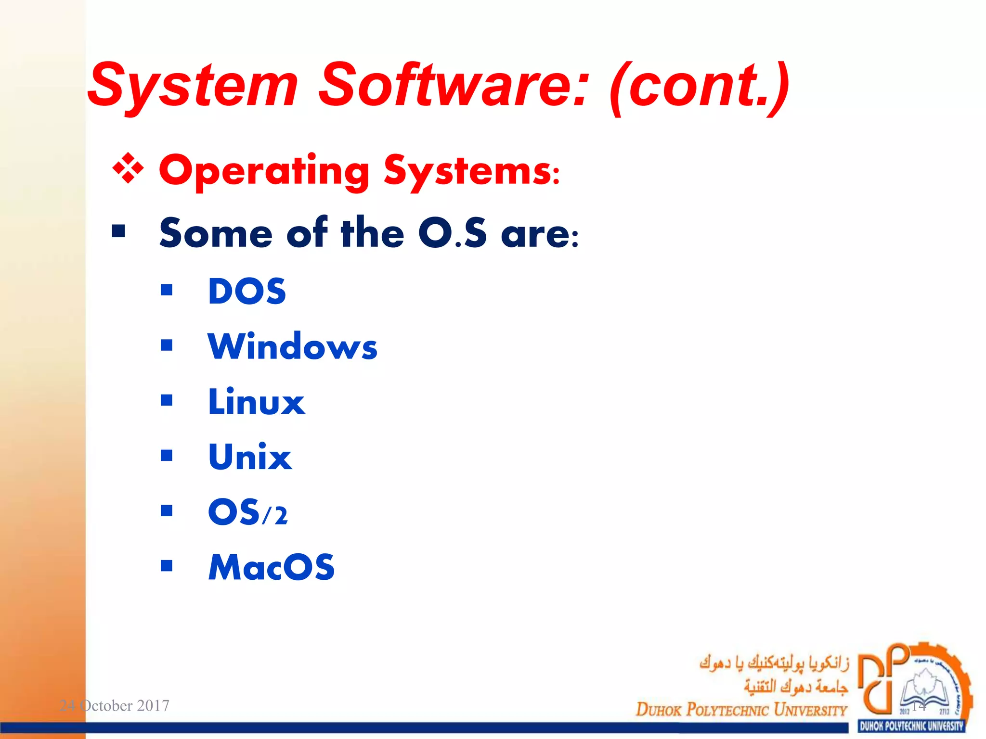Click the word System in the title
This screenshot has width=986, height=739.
[193, 86]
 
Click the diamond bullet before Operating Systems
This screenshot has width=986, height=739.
[128, 169]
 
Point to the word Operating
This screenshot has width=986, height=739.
[264, 171]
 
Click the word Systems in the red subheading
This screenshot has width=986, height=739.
[472, 171]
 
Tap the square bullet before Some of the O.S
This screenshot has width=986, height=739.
[118, 232]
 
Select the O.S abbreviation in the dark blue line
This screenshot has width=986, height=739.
[453, 233]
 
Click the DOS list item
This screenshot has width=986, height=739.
[247, 291]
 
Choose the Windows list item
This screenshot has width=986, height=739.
[292, 346]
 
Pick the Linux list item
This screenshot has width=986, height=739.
[256, 402]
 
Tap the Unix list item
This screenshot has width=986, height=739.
[250, 457]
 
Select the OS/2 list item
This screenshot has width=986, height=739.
[248, 512]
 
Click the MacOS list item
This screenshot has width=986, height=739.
[271, 567]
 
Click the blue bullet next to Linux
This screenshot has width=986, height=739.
[167, 400]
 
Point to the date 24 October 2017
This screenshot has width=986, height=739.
[114, 705]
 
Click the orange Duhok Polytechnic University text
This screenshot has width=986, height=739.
[741, 709]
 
